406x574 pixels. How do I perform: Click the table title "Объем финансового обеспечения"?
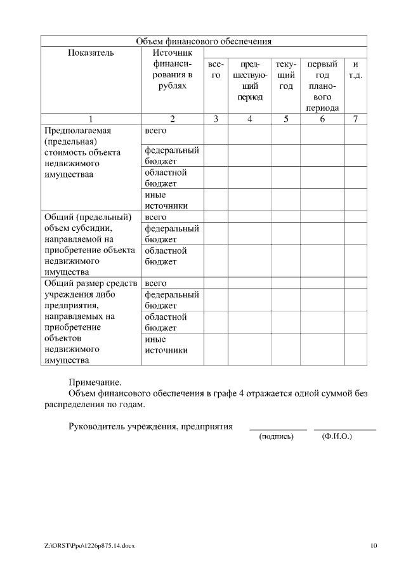pyautogui.click(x=204, y=41)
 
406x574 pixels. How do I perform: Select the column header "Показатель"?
pyautogui.click(x=91, y=53)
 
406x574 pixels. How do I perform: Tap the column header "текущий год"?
pyautogui.click(x=286, y=75)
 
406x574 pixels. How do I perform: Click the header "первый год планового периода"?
pyautogui.click(x=322, y=86)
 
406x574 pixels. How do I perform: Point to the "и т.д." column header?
pyautogui.click(x=355, y=69)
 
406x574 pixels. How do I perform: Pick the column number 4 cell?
pyautogui.click(x=250, y=119)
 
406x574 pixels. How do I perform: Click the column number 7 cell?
pyautogui.click(x=355, y=119)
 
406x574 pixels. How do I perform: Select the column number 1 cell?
pyautogui.click(x=91, y=119)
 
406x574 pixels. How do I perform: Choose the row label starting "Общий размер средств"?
pyautogui.click(x=89, y=322)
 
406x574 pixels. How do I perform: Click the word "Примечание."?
pyautogui.click(x=95, y=382)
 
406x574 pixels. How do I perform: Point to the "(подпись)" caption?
pyautogui.click(x=277, y=437)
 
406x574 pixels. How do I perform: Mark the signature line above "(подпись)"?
pyautogui.click(x=277, y=430)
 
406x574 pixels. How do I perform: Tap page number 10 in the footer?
pyautogui.click(x=374, y=545)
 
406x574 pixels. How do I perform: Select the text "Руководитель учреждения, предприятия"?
pyautogui.click(x=150, y=426)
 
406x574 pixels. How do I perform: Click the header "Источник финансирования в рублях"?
pyautogui.click(x=172, y=69)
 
